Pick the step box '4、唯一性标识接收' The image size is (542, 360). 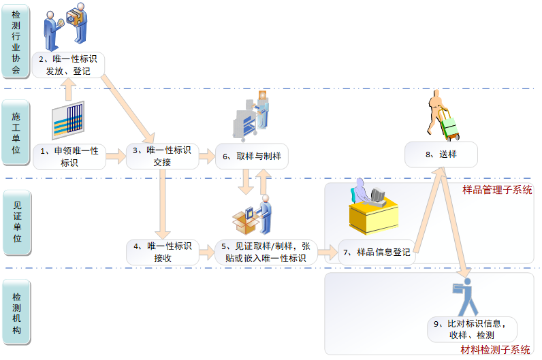[x=162, y=252]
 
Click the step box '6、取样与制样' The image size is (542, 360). [x=252, y=156]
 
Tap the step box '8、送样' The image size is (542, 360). [x=441, y=154]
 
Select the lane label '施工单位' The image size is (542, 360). [x=16, y=133]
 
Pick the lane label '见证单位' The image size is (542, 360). [x=16, y=222]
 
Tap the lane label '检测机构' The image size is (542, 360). [x=16, y=312]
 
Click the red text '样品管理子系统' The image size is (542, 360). [x=497, y=190]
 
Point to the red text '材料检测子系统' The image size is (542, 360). [x=495, y=350]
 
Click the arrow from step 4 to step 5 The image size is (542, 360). [x=206, y=253]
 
